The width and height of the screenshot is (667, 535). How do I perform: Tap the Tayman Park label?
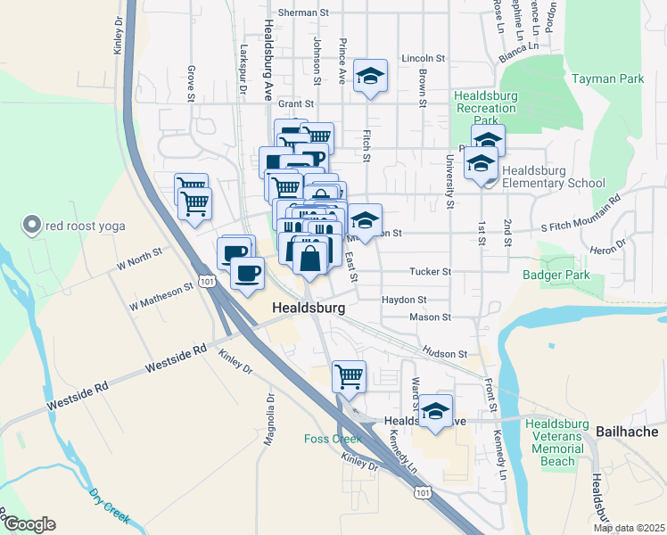tap(610, 79)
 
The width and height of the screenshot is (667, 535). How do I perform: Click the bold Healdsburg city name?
tap(309, 308)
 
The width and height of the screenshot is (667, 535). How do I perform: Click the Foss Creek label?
tap(333, 439)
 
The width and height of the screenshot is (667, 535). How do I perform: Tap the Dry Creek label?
tap(110, 505)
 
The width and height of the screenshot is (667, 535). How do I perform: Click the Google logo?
tap(29, 524)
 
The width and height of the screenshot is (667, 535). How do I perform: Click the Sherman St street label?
tap(303, 13)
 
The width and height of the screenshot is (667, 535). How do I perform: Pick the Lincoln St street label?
tap(423, 58)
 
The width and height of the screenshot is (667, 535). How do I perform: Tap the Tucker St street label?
tap(431, 271)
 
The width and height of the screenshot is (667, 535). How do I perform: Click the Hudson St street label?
tap(445, 354)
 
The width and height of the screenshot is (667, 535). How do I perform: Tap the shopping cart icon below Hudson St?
tap(350, 375)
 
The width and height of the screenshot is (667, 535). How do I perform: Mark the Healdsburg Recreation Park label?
tap(485, 108)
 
